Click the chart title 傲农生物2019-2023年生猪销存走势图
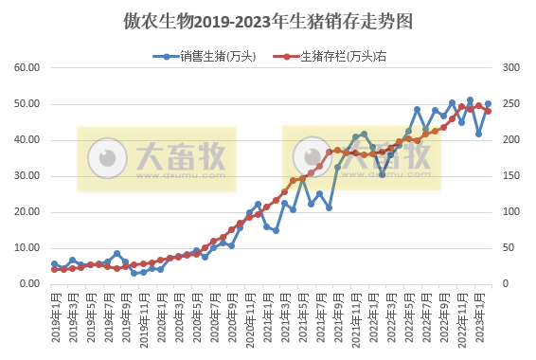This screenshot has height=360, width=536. [x=267, y=20]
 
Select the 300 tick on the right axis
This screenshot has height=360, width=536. [x=509, y=68]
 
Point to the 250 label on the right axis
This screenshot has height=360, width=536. [x=509, y=104]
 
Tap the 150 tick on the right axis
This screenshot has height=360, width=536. [x=509, y=176]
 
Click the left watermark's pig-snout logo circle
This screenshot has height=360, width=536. [x=106, y=157]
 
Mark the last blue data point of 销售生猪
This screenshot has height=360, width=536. [x=489, y=104]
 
